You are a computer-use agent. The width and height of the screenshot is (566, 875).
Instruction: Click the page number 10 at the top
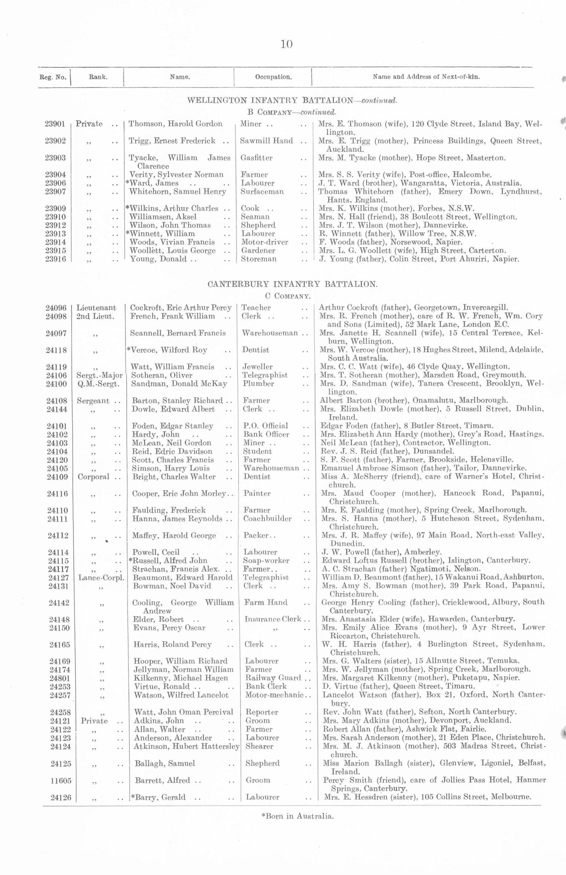click(x=286, y=44)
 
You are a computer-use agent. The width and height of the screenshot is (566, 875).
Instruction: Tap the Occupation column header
click(x=273, y=77)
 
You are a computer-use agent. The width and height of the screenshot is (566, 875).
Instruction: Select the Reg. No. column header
click(x=53, y=77)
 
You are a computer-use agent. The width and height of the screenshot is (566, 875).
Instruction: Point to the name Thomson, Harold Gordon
click(x=175, y=124)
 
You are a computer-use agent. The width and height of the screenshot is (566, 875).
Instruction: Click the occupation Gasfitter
click(x=256, y=158)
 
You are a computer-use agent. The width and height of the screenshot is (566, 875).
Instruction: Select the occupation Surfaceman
click(x=262, y=192)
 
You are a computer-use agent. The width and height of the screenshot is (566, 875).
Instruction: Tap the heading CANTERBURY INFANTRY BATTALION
click(x=292, y=284)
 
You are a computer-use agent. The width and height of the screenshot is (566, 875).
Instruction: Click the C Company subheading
click(x=287, y=296)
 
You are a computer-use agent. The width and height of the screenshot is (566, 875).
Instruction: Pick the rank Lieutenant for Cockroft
click(x=96, y=308)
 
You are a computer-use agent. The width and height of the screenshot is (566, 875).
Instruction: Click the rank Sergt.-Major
click(x=99, y=375)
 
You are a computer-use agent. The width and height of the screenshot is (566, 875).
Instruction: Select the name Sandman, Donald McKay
click(x=179, y=384)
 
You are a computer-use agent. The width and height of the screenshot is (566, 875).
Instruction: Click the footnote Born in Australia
click(x=297, y=816)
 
